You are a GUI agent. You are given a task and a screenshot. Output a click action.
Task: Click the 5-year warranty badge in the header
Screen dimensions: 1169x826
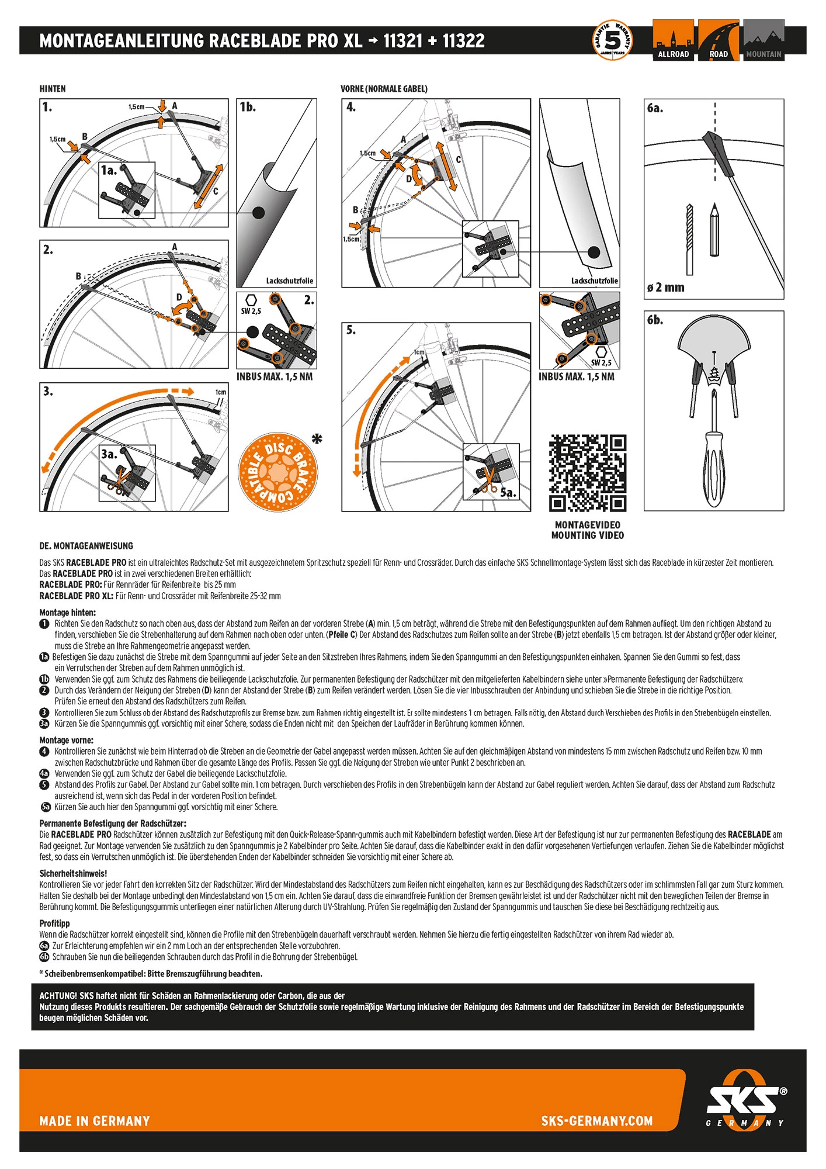pyautogui.click(x=612, y=40)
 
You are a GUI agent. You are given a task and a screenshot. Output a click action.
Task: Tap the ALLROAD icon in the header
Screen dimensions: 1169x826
pyautogui.click(x=673, y=40)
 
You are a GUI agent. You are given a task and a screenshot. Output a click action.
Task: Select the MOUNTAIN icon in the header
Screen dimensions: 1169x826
pyautogui.click(x=763, y=40)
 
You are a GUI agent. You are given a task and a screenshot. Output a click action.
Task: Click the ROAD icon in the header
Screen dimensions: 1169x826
pyautogui.click(x=719, y=40)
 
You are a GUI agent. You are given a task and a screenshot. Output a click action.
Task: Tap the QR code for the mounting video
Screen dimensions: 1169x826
pyautogui.click(x=587, y=473)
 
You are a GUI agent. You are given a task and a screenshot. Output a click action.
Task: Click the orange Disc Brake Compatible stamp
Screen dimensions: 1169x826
pyautogui.click(x=278, y=472)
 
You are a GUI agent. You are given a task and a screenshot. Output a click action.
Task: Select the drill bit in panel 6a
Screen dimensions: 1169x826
pyautogui.click(x=689, y=240)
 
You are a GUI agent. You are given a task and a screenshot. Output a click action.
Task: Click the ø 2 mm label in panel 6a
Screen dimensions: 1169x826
pyautogui.click(x=665, y=288)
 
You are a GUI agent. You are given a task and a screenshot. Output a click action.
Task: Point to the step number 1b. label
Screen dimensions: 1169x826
pyautogui.click(x=248, y=107)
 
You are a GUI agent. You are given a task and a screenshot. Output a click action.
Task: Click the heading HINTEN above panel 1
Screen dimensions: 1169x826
pyautogui.click(x=53, y=89)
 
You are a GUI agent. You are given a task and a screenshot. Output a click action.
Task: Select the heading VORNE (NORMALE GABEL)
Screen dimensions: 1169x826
pyautogui.click(x=384, y=89)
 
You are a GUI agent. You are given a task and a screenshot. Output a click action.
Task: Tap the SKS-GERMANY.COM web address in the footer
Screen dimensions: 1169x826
pyautogui.click(x=596, y=1120)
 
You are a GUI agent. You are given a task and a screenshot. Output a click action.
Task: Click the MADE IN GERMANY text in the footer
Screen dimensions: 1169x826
pyautogui.click(x=95, y=1120)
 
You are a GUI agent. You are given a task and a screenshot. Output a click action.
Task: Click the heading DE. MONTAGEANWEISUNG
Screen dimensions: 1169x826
pyautogui.click(x=86, y=546)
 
